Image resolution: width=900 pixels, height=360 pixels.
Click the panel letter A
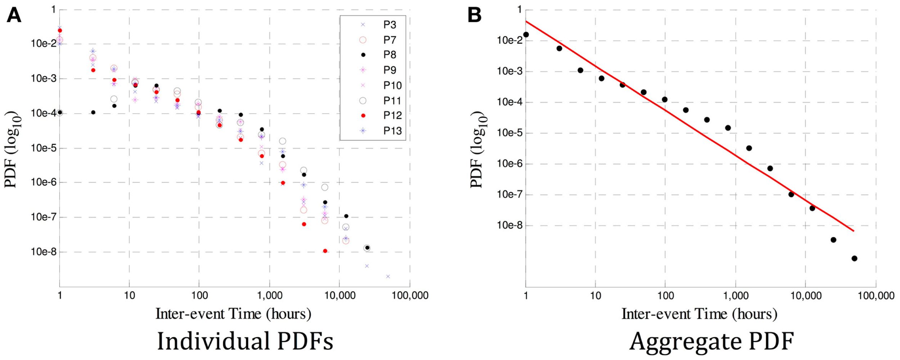(x=14, y=15)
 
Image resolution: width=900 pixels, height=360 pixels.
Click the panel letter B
(x=474, y=15)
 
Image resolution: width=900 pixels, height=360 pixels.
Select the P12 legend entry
(x=392, y=116)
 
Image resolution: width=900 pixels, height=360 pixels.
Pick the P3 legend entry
(x=390, y=25)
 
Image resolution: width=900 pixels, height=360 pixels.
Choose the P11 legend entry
(x=392, y=101)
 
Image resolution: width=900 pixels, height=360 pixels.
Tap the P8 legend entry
(x=390, y=55)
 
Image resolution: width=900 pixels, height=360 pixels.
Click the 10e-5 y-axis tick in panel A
(x=44, y=148)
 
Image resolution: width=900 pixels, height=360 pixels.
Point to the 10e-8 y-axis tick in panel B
(x=510, y=225)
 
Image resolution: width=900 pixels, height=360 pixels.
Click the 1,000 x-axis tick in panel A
(x=269, y=296)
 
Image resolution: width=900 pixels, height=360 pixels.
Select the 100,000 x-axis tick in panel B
(x=876, y=296)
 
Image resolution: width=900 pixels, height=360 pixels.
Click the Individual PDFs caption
(x=245, y=341)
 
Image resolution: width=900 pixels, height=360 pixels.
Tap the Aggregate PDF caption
(x=712, y=341)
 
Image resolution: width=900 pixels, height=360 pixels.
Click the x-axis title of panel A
(x=233, y=314)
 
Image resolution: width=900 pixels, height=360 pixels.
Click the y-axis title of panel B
(x=478, y=149)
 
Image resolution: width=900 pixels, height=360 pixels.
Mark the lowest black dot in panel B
(x=854, y=258)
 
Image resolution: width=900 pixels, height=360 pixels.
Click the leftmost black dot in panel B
(x=526, y=35)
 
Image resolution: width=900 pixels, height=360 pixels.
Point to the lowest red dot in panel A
(x=325, y=251)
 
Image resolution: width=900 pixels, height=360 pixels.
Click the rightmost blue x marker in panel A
(x=388, y=276)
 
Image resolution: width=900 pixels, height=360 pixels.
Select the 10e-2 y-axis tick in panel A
(x=44, y=44)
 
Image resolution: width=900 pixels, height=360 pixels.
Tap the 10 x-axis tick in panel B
(x=595, y=296)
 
